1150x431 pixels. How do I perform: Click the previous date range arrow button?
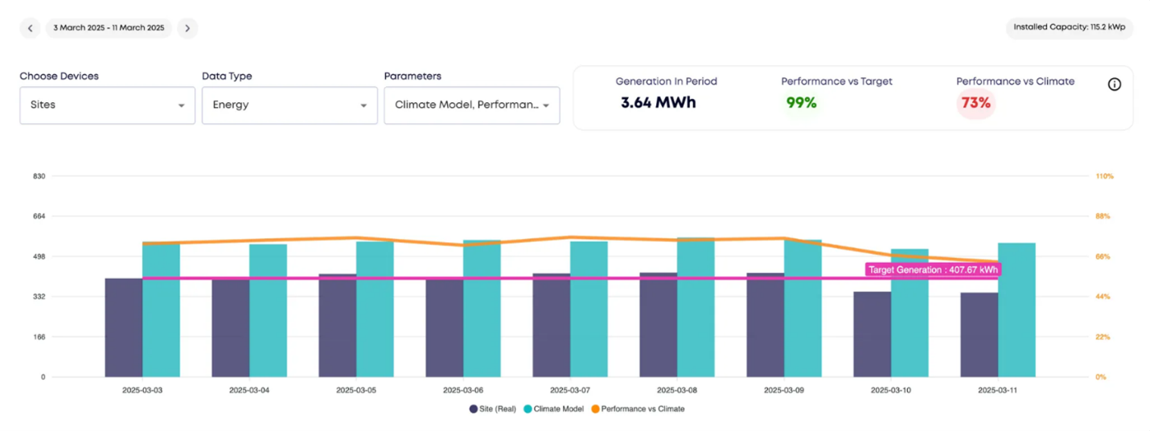30,28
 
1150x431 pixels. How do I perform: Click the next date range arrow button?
187,28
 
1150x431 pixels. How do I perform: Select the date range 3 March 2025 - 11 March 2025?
109,28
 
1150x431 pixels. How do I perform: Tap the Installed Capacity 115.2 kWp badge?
1069,27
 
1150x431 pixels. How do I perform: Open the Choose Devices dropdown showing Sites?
107,105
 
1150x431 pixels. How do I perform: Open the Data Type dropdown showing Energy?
290,105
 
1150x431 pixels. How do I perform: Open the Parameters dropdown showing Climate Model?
472,105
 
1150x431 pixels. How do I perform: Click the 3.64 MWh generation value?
658,103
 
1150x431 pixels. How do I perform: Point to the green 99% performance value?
801,103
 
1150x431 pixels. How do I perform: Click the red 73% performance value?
975,103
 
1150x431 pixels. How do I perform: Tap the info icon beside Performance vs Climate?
1114,84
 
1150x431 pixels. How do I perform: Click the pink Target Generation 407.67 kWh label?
933,270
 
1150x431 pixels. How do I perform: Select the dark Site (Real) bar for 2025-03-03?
123,330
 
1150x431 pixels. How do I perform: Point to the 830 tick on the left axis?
38,176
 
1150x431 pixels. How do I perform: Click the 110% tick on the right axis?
1103,176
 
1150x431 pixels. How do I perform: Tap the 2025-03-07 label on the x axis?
569,390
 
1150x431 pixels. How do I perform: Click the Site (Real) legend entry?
493,409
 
